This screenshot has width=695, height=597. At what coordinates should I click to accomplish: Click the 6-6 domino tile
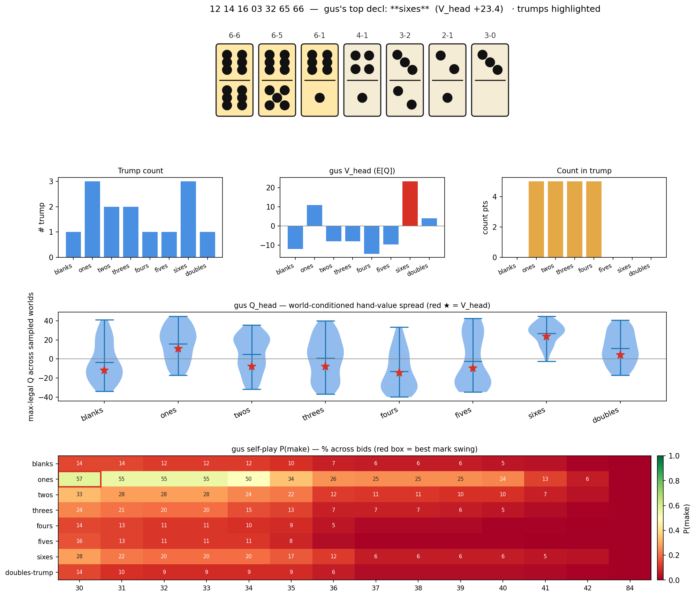(234, 80)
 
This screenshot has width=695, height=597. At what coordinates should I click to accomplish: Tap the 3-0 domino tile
(490, 80)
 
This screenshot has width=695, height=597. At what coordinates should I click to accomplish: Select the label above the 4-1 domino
(362, 36)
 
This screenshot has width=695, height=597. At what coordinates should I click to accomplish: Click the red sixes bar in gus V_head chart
(410, 204)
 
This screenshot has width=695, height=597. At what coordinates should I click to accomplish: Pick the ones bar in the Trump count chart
(92, 219)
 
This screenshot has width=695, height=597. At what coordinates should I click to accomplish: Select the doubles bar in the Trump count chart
(207, 244)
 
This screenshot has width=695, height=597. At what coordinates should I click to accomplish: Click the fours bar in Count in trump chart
(594, 219)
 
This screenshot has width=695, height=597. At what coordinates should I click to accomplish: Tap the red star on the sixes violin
(546, 337)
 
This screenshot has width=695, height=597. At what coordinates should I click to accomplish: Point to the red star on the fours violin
(399, 373)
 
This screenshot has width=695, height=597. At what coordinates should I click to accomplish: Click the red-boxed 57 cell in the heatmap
(80, 479)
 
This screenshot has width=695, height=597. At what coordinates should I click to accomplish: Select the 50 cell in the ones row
(249, 479)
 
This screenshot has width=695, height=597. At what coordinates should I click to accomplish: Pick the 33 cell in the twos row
(80, 494)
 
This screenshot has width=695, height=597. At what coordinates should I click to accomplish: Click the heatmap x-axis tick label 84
(630, 588)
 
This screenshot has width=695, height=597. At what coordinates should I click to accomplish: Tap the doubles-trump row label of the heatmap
(32, 572)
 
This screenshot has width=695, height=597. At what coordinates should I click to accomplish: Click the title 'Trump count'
(140, 171)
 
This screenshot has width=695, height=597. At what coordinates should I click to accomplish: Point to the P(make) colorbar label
(686, 518)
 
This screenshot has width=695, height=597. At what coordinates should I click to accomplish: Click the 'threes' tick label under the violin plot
(313, 414)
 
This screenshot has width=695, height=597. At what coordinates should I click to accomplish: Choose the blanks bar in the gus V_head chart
(295, 237)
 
